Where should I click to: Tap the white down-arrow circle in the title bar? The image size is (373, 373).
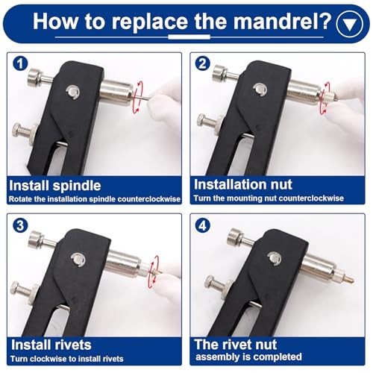click(x=348, y=22)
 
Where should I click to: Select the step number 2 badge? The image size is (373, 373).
click(x=201, y=63)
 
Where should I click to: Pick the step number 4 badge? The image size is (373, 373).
click(x=201, y=225)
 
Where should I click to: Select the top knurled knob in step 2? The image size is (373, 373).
click(x=220, y=73)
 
